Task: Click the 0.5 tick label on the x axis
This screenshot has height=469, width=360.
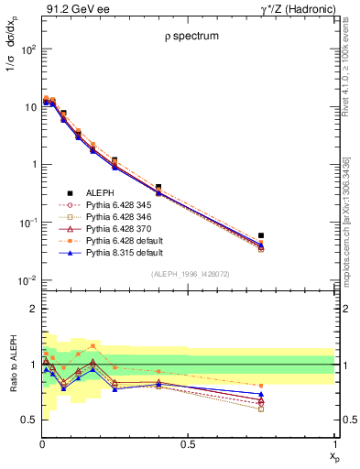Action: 189,445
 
